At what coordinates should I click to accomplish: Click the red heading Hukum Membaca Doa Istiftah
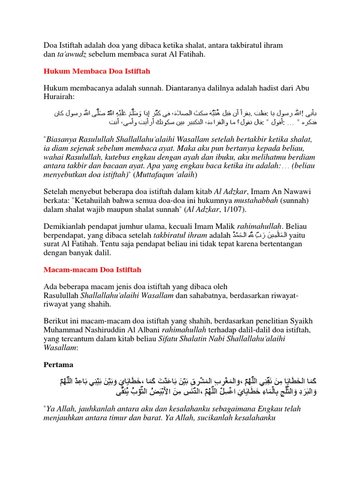[x=97, y=71]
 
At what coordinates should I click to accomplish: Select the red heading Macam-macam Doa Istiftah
[x=92, y=270]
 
